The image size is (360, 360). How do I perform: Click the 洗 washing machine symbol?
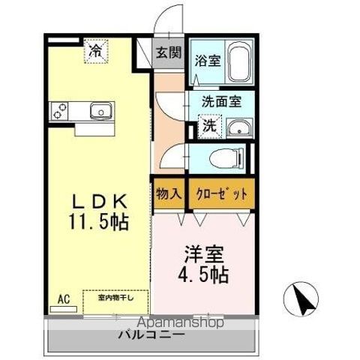pyautogui.click(x=208, y=125)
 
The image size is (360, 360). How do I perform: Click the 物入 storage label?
pyautogui.click(x=169, y=193)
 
